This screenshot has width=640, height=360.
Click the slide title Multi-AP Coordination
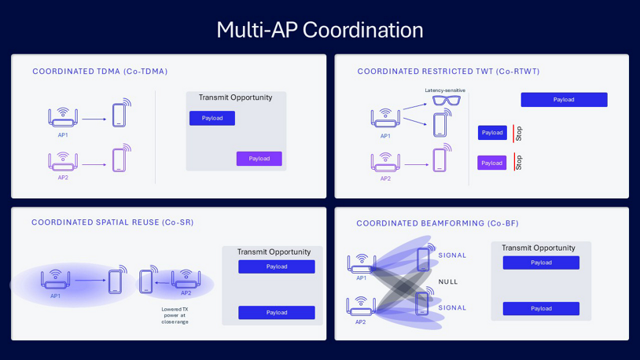(x=319, y=30)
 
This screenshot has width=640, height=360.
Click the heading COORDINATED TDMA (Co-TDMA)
(x=100, y=72)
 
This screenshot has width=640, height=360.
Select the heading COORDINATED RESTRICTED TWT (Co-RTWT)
(x=448, y=72)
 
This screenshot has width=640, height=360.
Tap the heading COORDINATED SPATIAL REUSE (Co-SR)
(x=112, y=222)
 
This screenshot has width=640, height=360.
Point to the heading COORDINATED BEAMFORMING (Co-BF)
(x=437, y=223)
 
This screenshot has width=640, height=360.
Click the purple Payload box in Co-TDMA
(x=259, y=159)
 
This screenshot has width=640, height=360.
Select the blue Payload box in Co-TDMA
(x=211, y=118)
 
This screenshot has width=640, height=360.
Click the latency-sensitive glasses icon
(x=445, y=101)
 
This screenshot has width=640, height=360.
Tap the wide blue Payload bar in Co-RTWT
(x=564, y=100)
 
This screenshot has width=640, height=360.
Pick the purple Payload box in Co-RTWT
(x=491, y=163)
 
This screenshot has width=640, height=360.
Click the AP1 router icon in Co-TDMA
(x=63, y=119)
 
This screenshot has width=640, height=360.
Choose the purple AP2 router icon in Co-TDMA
(x=63, y=161)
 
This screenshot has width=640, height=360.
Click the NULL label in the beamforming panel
(x=448, y=281)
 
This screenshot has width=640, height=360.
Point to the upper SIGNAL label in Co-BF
(x=453, y=255)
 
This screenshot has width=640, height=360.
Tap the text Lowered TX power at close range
(x=174, y=315)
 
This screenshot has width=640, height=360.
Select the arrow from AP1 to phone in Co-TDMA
(x=94, y=119)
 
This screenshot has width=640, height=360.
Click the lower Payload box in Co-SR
(x=276, y=312)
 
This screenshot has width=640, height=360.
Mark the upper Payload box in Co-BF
(x=541, y=263)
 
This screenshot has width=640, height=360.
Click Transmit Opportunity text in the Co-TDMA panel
(x=235, y=97)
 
